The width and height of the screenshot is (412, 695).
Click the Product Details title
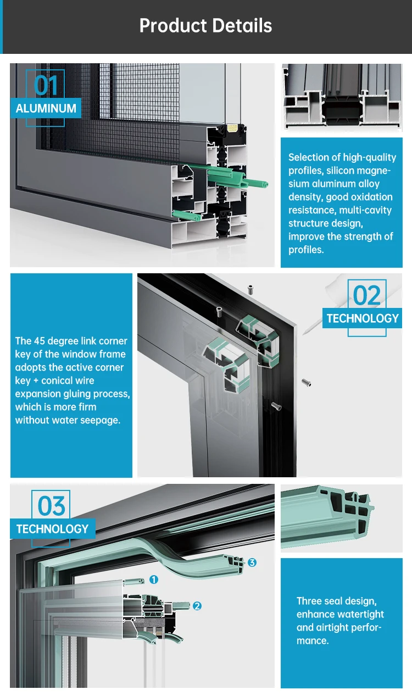[x=205, y=25]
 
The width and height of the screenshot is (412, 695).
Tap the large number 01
[x=46, y=85]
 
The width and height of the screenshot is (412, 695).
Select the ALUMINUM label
[x=46, y=108]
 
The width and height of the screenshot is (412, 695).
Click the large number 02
[x=367, y=295]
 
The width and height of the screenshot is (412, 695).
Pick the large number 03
[x=51, y=506]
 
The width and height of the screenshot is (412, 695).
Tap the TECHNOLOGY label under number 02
[x=363, y=318]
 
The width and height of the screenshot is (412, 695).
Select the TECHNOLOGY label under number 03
[x=52, y=529]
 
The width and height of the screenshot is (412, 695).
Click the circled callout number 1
[x=154, y=580]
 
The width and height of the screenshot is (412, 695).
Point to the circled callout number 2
[x=197, y=606]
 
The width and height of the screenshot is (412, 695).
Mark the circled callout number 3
[x=252, y=562]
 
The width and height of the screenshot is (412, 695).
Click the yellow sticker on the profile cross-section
[x=232, y=128]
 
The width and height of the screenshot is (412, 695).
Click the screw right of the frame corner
[x=307, y=383]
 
